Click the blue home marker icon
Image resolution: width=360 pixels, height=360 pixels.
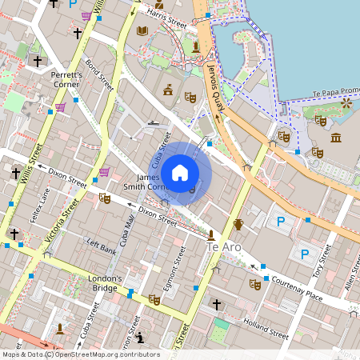[x=180, y=173]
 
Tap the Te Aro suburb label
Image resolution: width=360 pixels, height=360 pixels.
[x=224, y=248]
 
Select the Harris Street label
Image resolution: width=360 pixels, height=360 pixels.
[x=166, y=25]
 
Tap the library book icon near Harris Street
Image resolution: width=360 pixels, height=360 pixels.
[x=142, y=31]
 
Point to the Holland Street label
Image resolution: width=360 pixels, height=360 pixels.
[x=266, y=329]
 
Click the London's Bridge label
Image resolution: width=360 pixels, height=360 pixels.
[x=106, y=283]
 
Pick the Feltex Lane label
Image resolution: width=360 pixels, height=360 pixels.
[x=39, y=205]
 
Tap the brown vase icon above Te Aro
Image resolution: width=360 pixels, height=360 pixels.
[x=238, y=223]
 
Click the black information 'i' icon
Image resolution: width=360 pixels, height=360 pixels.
[x=140, y=337]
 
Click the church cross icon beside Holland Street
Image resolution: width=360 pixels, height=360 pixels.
[x=216, y=305]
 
